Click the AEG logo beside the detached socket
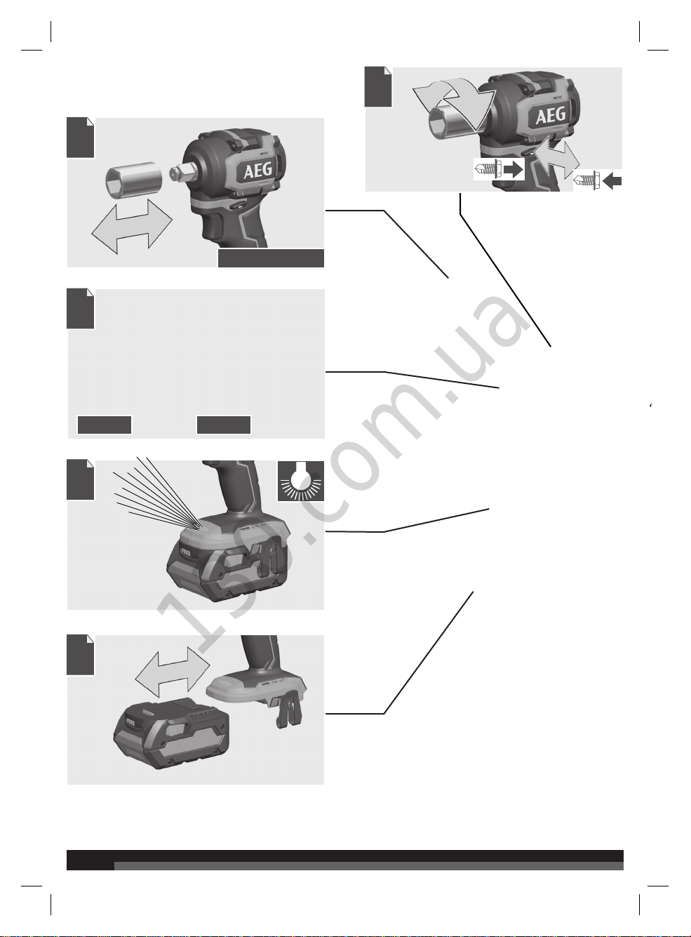coord(257,171)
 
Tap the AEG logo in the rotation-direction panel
coord(551,115)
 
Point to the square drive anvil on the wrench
coord(179,172)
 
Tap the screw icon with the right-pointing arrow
coord(489,170)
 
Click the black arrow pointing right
coord(513,170)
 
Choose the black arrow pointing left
coord(612,181)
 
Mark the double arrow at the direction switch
coord(555,158)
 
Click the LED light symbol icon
coord(301,481)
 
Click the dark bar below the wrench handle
coord(271,258)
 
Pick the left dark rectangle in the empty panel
coord(105,425)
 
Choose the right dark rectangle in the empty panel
coord(224,425)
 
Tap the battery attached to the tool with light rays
coord(229,564)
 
